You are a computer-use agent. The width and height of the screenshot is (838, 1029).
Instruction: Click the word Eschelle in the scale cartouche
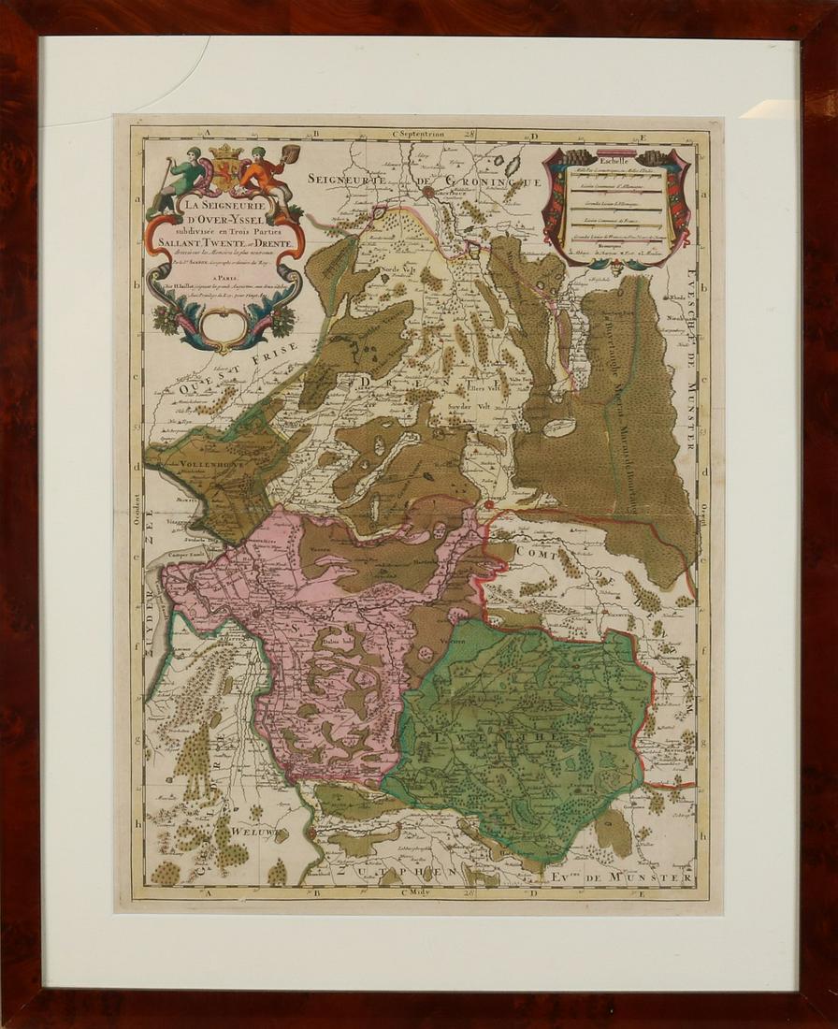(616, 160)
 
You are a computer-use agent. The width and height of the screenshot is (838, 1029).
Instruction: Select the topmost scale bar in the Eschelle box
(614, 174)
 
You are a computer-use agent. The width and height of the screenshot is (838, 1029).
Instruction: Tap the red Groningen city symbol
(427, 193)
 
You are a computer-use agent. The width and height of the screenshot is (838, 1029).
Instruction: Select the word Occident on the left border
(136, 512)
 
